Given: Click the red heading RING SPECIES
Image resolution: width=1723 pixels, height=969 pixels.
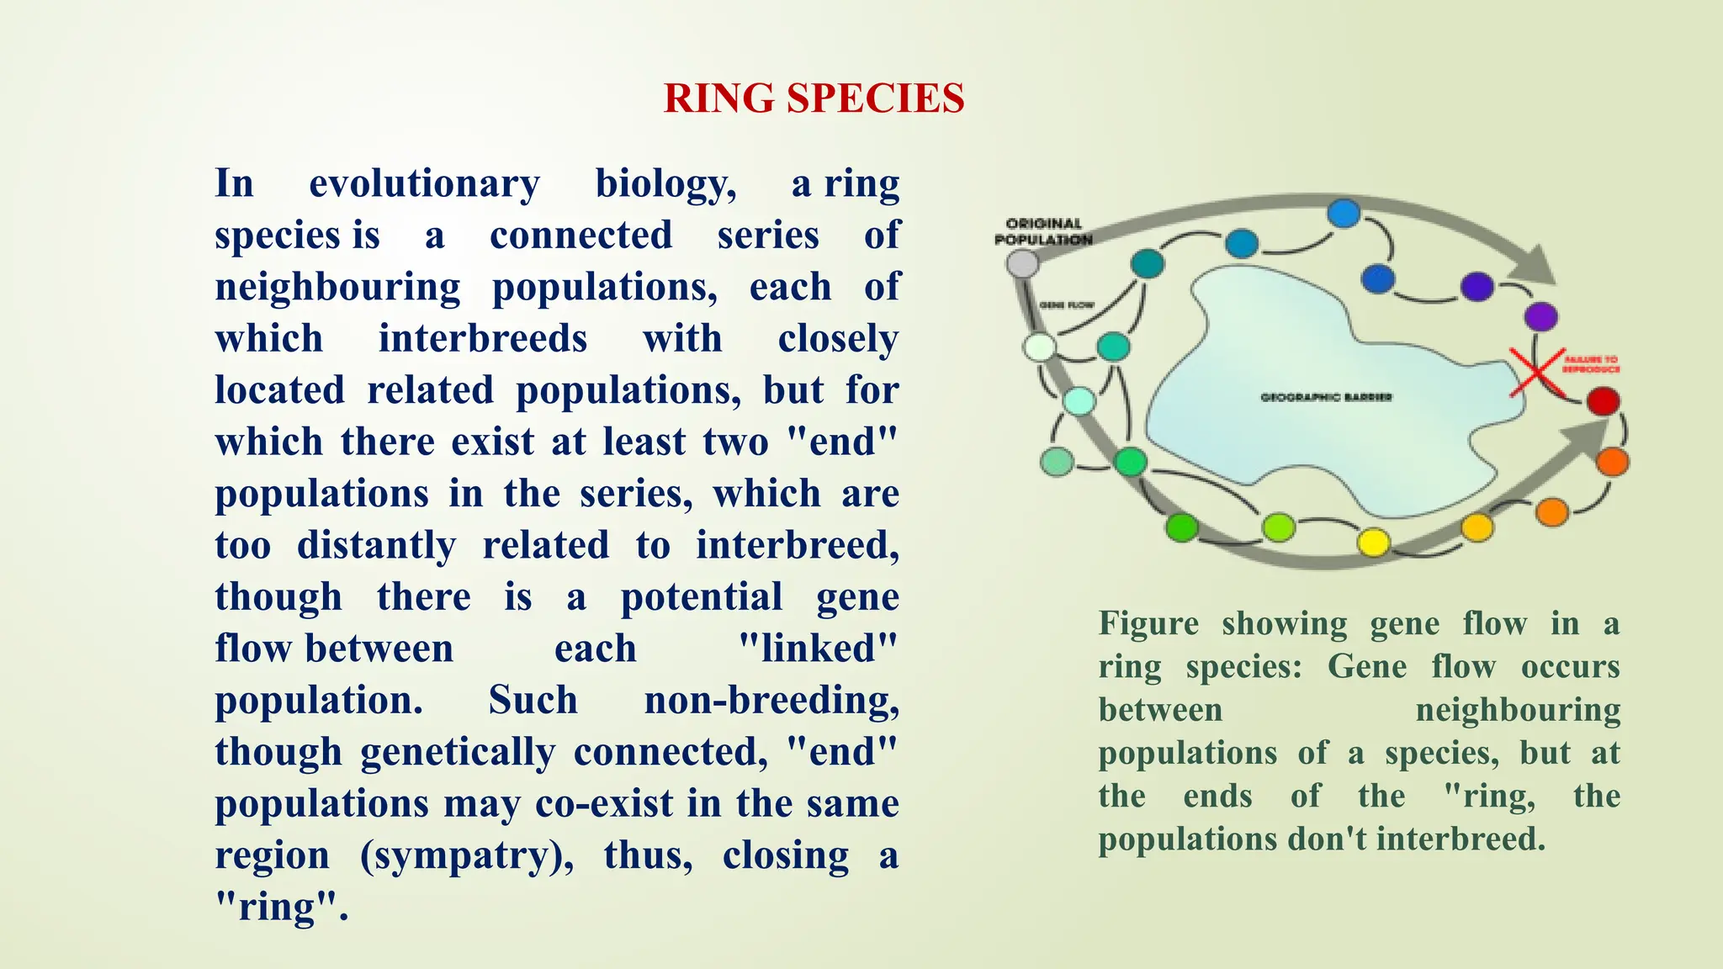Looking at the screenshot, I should tap(814, 98).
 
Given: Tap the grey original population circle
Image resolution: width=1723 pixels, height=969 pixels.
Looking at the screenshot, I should tap(1022, 264).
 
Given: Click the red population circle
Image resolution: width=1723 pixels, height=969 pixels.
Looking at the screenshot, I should tap(1603, 401).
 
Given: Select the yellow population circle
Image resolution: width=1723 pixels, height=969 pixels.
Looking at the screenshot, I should tap(1373, 543).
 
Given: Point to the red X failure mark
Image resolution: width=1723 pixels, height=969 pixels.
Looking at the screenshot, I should tap(1536, 371).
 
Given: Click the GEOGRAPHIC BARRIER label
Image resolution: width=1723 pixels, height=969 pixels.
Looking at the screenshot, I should tap(1326, 397).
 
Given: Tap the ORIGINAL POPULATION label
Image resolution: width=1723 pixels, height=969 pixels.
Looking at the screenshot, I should tap(1043, 231).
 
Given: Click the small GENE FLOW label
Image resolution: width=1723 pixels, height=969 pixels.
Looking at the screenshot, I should tap(1066, 304).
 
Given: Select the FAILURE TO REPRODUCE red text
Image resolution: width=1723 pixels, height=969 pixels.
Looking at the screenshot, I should tap(1591, 364).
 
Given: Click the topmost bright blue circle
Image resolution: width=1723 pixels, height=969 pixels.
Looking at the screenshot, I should tap(1344, 214).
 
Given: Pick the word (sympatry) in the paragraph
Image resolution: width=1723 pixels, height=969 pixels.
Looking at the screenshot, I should tap(467, 855).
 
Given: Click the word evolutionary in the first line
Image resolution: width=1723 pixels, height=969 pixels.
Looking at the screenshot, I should tap(424, 183).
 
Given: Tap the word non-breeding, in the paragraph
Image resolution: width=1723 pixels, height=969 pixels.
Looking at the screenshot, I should tap(771, 700).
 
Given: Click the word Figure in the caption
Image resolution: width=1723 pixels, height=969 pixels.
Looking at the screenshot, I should tap(1148, 623).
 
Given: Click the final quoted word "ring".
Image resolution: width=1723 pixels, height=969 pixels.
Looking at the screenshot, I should tap(281, 907).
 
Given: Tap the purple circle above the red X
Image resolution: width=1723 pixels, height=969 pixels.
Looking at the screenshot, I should tap(1540, 317).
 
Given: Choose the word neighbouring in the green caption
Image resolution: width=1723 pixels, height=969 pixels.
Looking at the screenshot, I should tap(1518, 710).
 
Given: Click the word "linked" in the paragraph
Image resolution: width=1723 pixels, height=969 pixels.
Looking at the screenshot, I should tap(818, 649).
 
